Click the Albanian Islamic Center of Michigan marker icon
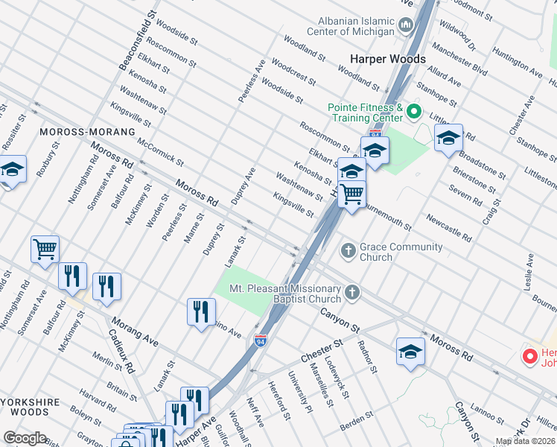(x=407, y=26)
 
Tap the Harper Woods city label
(x=389, y=59)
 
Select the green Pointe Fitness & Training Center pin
(x=414, y=114)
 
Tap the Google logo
(x=25, y=438)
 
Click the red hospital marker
(x=529, y=356)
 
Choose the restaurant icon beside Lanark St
(x=201, y=311)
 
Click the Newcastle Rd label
(x=448, y=228)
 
